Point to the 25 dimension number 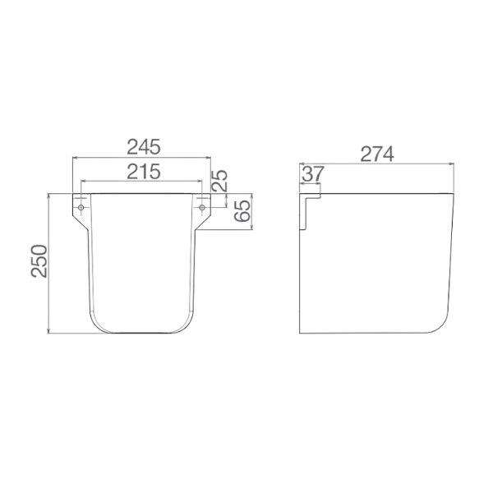coord(219,180)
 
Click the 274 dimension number coord(377,154)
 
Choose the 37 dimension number coord(311,174)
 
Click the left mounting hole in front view coord(81,207)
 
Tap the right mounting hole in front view coord(202,207)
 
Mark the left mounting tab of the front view coord(81,210)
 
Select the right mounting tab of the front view coord(202,210)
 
